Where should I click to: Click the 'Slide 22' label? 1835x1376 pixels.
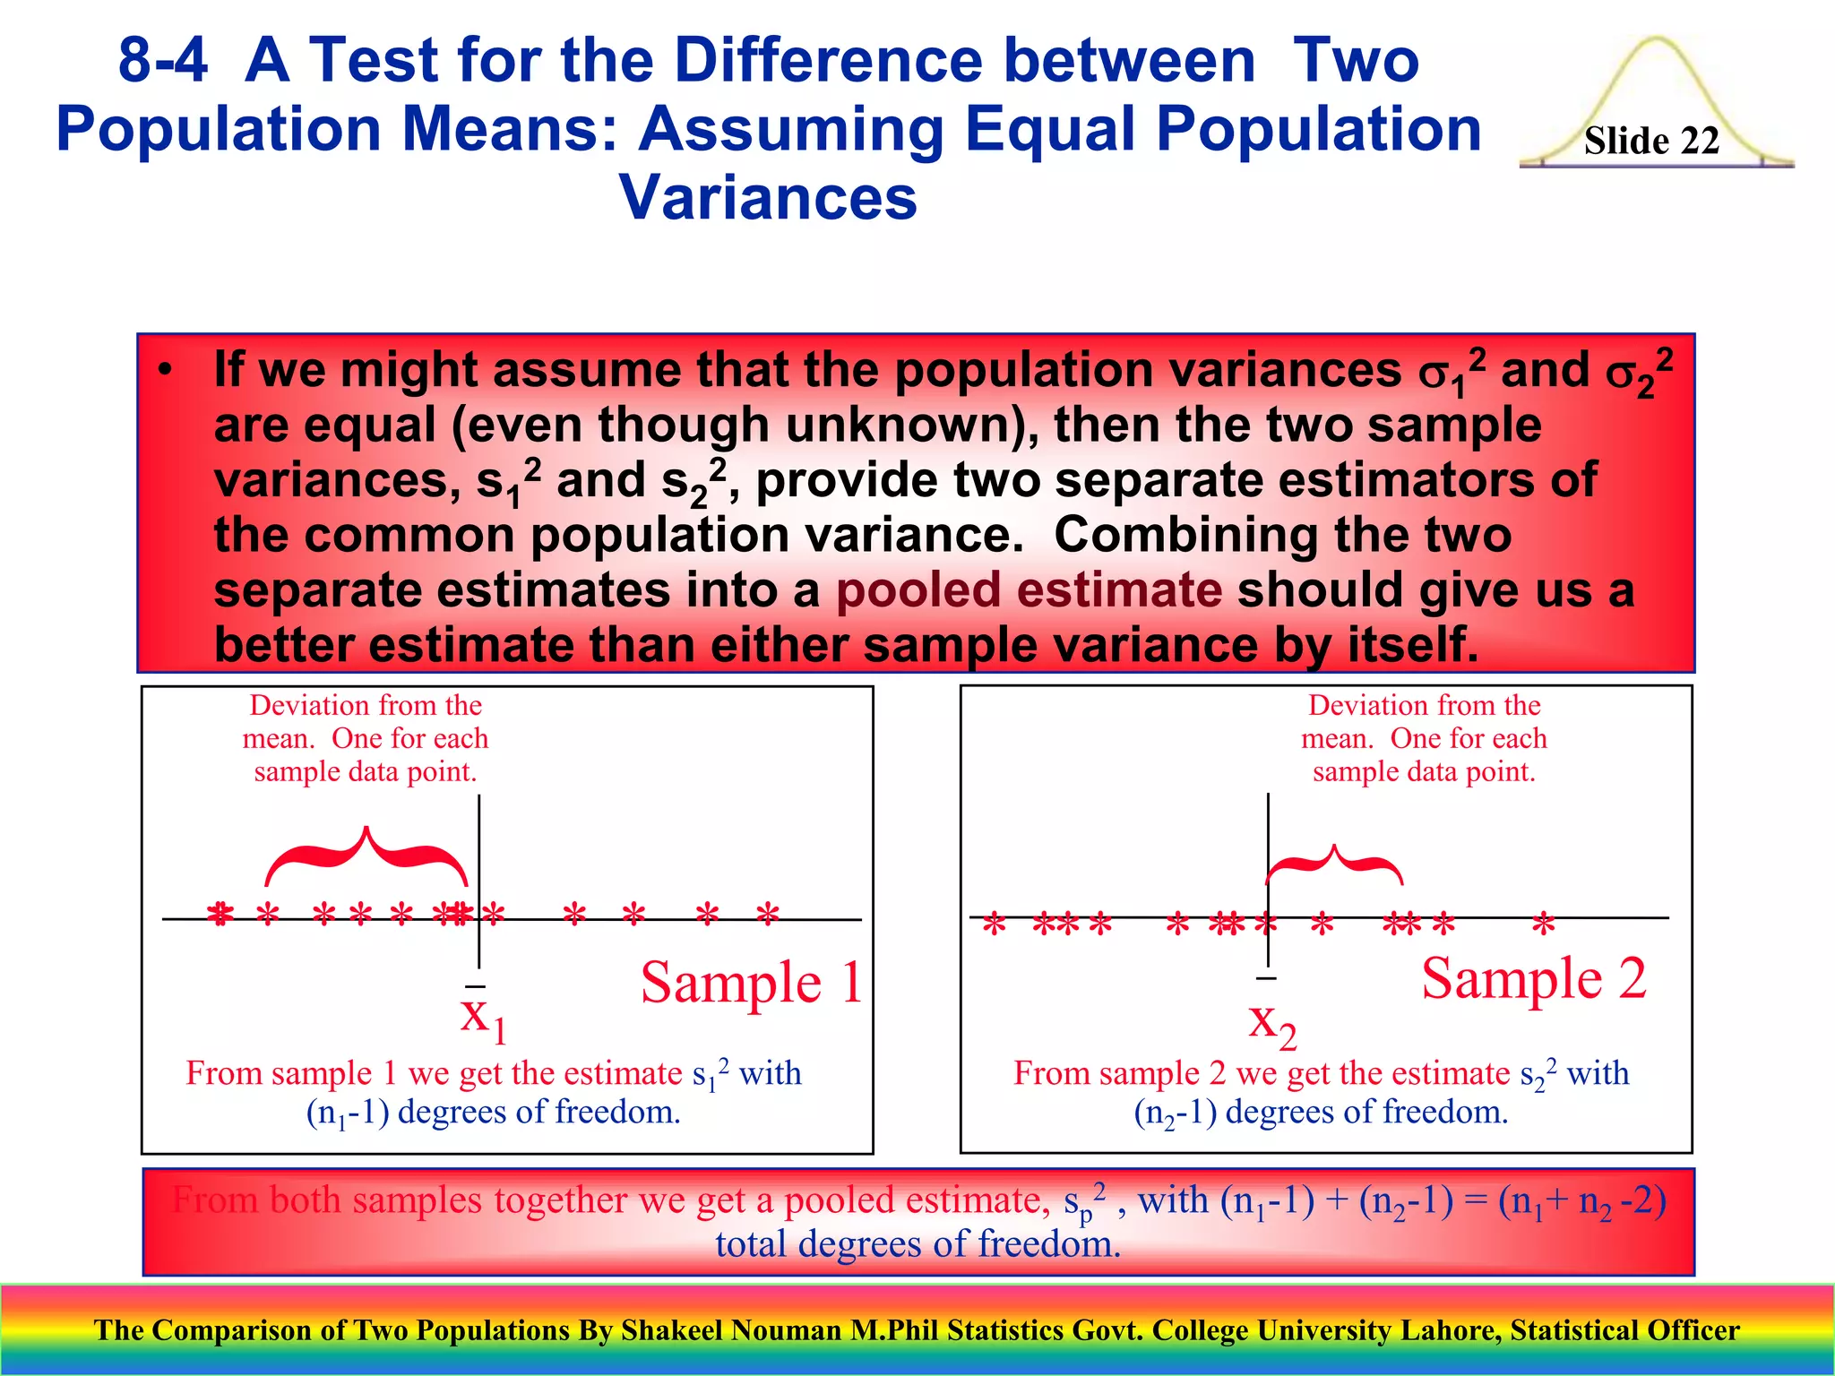(x=1651, y=141)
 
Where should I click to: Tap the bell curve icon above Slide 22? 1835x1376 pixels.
(x=1657, y=81)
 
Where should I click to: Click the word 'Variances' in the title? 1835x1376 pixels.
(x=768, y=197)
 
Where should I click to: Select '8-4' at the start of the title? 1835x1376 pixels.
(x=163, y=60)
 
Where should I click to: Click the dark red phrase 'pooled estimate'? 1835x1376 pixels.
(x=1029, y=590)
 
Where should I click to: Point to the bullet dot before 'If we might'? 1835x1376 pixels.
(x=164, y=371)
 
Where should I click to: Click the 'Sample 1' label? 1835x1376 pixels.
(x=751, y=983)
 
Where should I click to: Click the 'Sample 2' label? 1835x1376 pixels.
(x=1534, y=977)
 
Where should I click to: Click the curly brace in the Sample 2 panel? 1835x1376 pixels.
(x=1335, y=864)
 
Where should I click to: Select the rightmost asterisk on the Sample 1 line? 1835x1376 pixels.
(x=768, y=914)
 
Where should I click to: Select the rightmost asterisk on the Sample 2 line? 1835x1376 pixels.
(x=1543, y=924)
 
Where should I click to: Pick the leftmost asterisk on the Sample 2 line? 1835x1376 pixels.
(x=994, y=924)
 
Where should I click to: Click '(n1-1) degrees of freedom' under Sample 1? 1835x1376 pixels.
(x=494, y=1113)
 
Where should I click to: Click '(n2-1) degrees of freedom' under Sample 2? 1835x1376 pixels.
(x=1322, y=1113)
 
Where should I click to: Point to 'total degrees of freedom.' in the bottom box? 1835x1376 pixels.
(x=918, y=1244)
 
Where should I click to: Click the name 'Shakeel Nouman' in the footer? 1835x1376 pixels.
(x=732, y=1330)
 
